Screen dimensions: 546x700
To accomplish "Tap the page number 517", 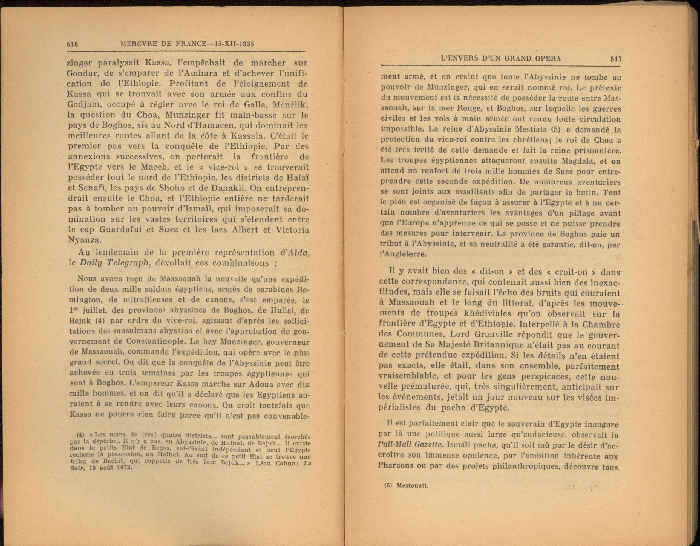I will [x=616, y=59].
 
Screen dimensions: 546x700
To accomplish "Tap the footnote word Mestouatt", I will [x=412, y=494].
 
